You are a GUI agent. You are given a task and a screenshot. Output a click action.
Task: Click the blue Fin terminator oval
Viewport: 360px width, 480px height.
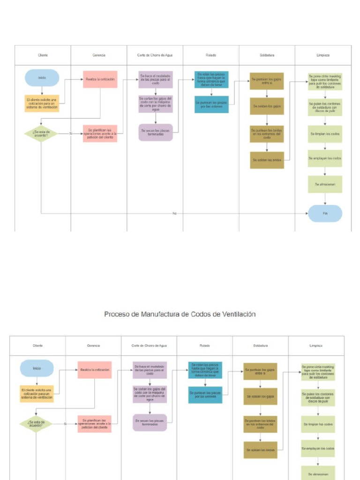tap(325, 213)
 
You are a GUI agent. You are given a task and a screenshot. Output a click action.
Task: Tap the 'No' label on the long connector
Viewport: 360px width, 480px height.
tap(174, 213)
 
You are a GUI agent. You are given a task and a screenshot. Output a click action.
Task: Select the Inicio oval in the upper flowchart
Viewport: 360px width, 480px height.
tap(42, 78)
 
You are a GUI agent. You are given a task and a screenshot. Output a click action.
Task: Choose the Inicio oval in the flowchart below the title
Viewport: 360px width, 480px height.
tap(37, 368)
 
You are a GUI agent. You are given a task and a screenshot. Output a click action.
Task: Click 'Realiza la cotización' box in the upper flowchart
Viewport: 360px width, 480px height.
tap(100, 79)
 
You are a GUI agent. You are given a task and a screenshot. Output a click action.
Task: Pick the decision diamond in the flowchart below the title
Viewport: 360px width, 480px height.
tap(36, 424)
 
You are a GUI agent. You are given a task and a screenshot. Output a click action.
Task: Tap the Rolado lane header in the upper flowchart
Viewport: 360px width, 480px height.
tap(211, 55)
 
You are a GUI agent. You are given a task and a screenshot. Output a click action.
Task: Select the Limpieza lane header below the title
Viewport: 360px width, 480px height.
tap(316, 345)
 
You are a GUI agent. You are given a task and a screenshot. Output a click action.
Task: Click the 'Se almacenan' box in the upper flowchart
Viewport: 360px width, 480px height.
tap(325, 184)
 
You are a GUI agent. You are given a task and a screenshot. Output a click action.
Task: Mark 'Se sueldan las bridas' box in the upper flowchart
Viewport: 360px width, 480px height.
tap(267, 160)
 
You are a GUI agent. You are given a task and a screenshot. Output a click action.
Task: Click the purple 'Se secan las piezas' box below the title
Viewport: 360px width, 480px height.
tap(150, 422)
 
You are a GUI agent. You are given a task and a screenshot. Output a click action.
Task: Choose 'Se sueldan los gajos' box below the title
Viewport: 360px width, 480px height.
tap(260, 396)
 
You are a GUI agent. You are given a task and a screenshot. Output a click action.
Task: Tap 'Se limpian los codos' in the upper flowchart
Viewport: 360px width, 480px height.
tap(325, 134)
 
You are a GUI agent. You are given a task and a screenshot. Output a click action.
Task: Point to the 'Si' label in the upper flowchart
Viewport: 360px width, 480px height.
tap(70, 134)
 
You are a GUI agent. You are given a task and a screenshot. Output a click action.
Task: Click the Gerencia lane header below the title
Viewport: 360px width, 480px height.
tap(93, 345)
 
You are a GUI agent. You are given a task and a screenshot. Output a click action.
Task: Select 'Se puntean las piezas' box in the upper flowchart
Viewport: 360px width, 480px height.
tap(211, 105)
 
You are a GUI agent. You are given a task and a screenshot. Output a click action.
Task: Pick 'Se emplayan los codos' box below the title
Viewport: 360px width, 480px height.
tap(317, 449)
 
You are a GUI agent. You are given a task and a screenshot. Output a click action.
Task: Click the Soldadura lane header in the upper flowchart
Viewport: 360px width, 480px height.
tap(267, 55)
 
